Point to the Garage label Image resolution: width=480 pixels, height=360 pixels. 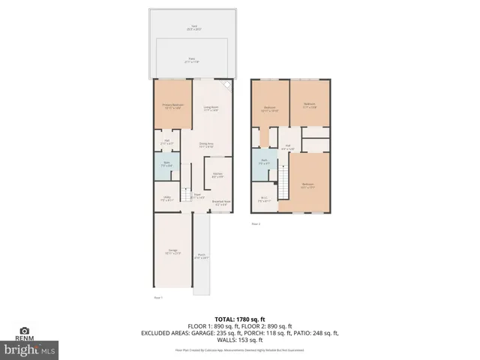(x=172, y=251)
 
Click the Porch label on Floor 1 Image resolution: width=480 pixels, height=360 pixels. (x=202, y=256)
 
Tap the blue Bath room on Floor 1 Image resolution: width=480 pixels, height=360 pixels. (x=166, y=166)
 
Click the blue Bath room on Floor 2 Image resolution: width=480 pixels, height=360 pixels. (x=264, y=161)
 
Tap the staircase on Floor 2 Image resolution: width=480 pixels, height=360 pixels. (x=283, y=184)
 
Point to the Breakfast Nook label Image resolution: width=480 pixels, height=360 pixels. (x=220, y=202)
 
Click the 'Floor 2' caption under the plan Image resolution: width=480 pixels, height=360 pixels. (x=256, y=223)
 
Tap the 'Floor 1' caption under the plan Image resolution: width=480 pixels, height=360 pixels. (x=158, y=297)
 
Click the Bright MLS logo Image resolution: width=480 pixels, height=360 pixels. (x=29, y=349)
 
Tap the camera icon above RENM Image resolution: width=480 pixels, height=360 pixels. (x=25, y=330)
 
